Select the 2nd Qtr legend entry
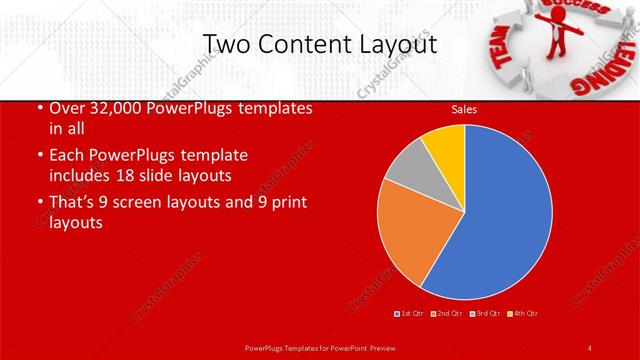click(x=447, y=313)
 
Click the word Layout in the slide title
click(x=389, y=44)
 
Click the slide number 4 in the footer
click(x=590, y=347)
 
